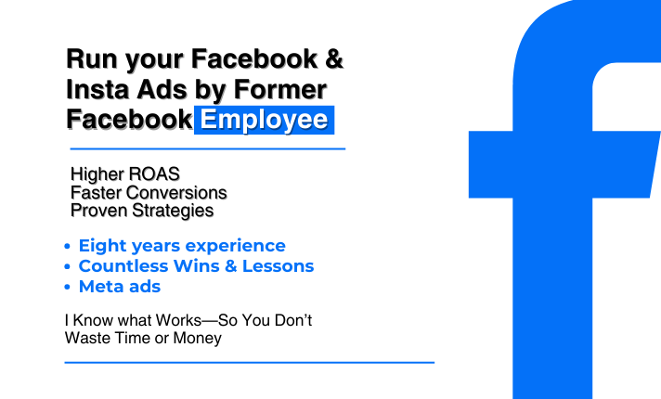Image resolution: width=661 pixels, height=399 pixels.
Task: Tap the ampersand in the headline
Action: [x=331, y=60]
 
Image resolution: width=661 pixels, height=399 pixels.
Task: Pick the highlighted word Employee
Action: [x=265, y=120]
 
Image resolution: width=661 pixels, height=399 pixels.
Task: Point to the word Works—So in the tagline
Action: [x=185, y=321]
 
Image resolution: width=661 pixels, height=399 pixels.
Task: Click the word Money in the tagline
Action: [x=200, y=339]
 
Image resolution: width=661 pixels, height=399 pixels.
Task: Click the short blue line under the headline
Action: [x=207, y=148]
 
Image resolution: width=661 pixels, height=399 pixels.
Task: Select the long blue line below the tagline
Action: [x=249, y=362]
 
